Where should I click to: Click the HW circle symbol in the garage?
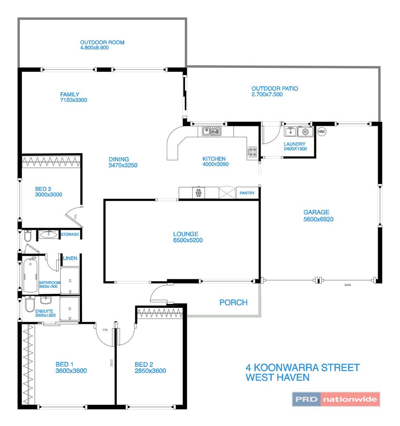point(321,132)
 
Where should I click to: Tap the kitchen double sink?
point(211,131)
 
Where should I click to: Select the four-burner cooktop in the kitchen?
point(252,152)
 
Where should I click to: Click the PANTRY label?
point(247,193)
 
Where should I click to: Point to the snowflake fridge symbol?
point(199,193)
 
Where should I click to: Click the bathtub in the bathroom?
point(30,275)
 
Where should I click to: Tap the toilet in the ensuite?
point(30,304)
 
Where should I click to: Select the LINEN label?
point(70,258)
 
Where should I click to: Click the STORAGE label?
point(70,234)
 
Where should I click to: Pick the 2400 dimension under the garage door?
point(348,285)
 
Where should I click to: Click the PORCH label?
point(234,302)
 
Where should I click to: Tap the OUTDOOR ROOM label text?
point(102,43)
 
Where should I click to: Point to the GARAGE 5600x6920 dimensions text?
point(318,219)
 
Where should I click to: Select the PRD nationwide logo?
point(336,399)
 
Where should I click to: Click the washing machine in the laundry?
point(305,132)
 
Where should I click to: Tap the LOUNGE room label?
point(186,234)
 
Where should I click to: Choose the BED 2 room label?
point(144,364)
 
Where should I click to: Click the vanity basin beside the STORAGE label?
point(48,234)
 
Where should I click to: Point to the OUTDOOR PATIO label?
point(275,89)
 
